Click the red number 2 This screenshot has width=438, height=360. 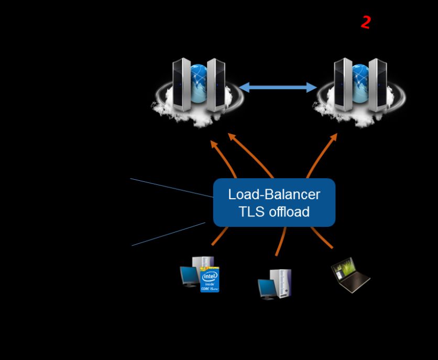click(x=366, y=22)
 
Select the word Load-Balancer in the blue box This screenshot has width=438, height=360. click(x=273, y=194)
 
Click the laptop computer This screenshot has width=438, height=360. click(x=351, y=275)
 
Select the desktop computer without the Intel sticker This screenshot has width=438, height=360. click(x=275, y=283)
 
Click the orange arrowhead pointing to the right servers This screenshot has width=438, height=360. click(x=333, y=138)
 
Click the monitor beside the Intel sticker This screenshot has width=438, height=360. click(x=189, y=276)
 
